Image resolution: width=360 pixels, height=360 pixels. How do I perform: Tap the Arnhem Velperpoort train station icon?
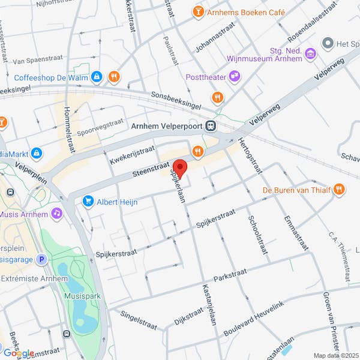click(x=210, y=126)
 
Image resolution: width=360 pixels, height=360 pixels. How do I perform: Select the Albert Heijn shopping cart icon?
click(x=89, y=201)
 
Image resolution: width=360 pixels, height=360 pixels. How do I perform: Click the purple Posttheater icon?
click(x=235, y=76)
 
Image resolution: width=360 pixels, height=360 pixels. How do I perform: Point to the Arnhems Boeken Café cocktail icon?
click(x=197, y=11)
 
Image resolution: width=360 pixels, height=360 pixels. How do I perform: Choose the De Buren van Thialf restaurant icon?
click(x=339, y=190)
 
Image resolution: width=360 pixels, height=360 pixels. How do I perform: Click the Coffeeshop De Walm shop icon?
click(x=97, y=77)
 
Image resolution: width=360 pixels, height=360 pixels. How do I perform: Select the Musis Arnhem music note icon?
click(x=56, y=213)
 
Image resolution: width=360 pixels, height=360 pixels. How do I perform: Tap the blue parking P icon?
click(x=41, y=260)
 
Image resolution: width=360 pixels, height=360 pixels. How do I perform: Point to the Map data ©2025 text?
click(x=335, y=355)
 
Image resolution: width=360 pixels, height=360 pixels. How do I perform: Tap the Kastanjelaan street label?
click(x=209, y=304)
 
